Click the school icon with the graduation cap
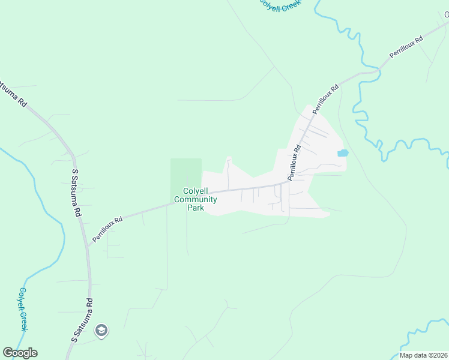pyautogui.click(x=101, y=329)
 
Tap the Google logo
pyautogui.click(x=20, y=353)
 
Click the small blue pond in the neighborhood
pyautogui.click(x=342, y=153)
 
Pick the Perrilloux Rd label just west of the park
pyautogui.click(x=107, y=229)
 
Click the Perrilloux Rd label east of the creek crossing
pyautogui.click(x=406, y=47)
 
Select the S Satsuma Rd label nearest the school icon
pyautogui.click(x=83, y=320)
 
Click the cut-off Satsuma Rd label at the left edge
pyautogui.click(x=14, y=94)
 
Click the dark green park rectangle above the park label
pyautogui.click(x=186, y=171)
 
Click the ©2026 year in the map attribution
pyautogui.click(x=437, y=355)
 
